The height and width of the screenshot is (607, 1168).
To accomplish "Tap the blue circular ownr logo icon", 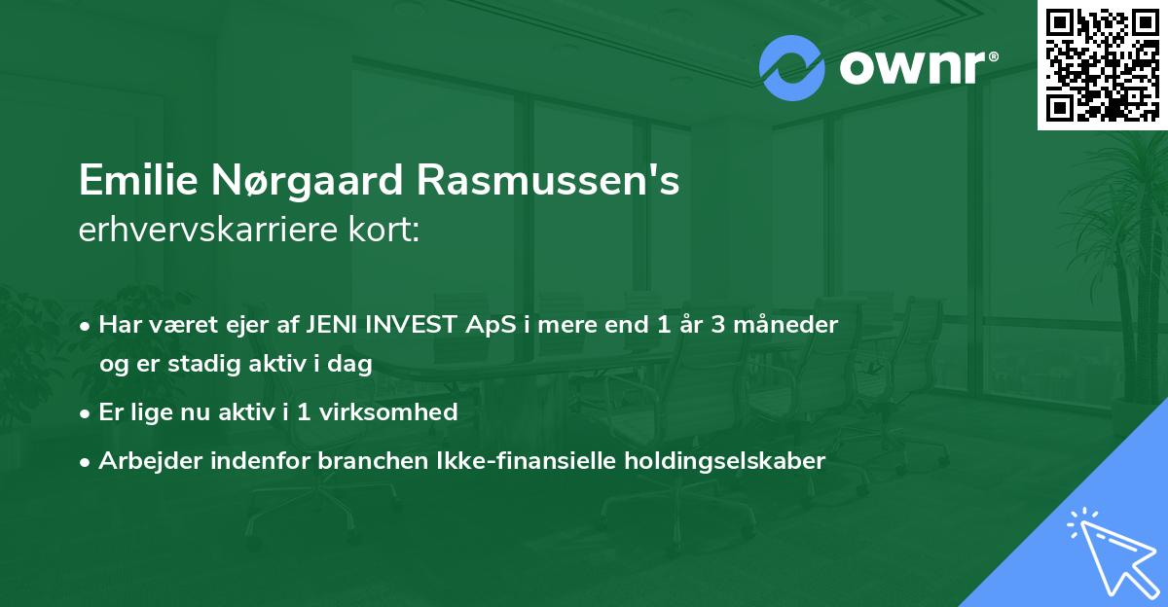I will tap(792, 68).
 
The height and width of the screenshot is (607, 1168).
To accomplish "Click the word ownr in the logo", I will tap(910, 68).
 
